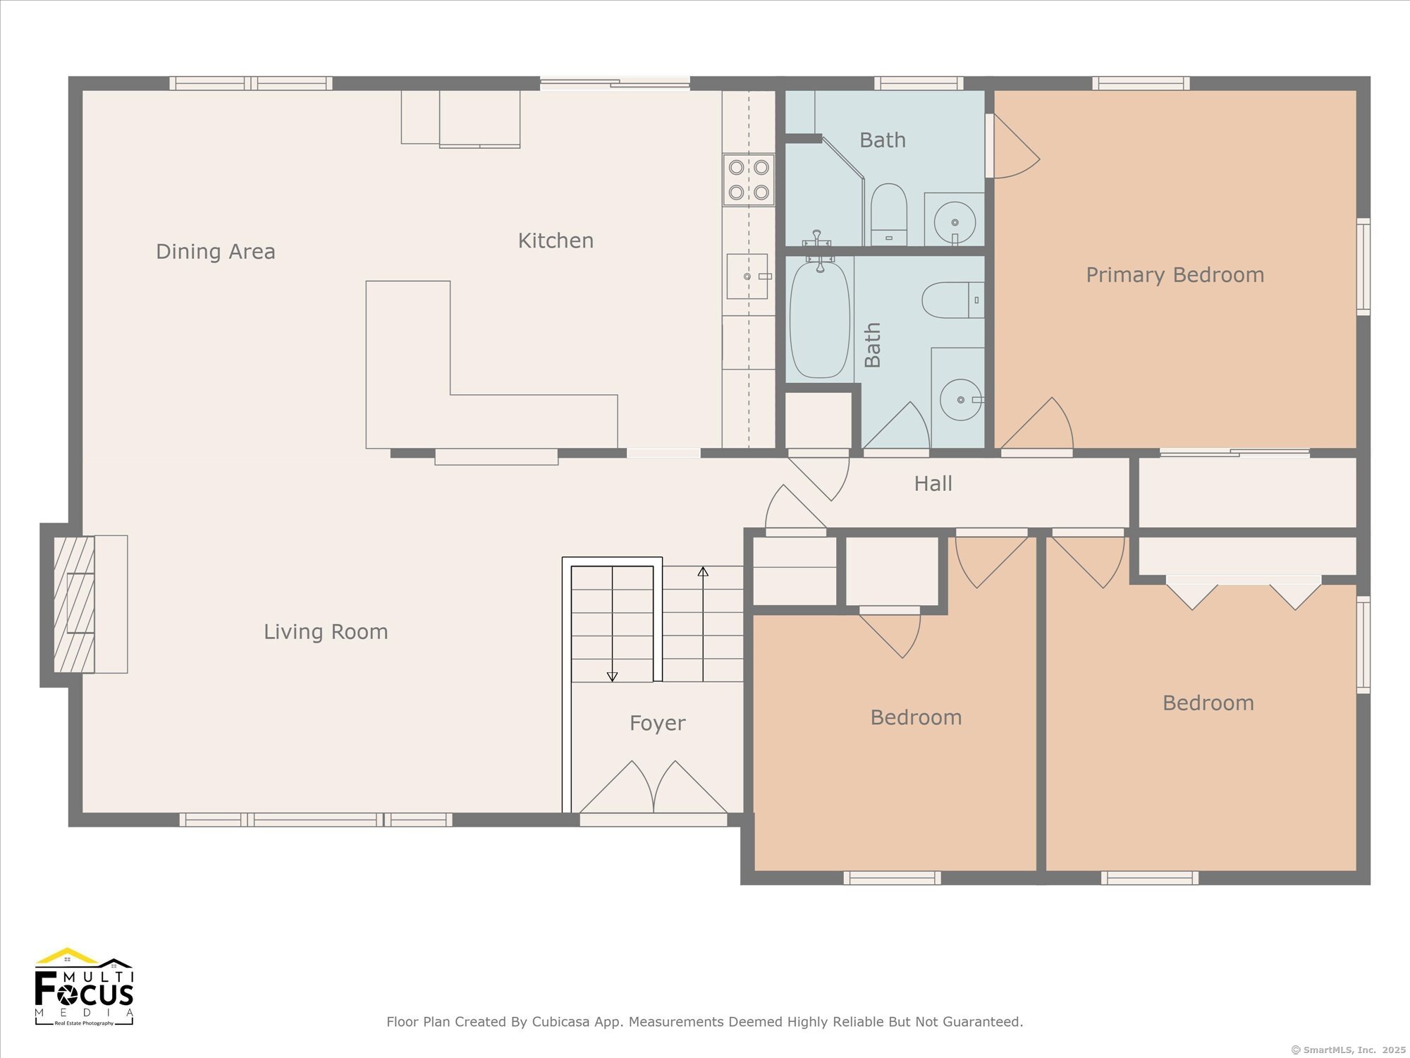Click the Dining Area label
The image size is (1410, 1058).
pyautogui.click(x=216, y=252)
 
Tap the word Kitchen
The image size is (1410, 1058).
pyautogui.click(x=556, y=241)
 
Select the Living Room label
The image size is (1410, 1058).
pyautogui.click(x=326, y=632)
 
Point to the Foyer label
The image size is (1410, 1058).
pyautogui.click(x=658, y=724)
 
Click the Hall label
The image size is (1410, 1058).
pyautogui.click(x=933, y=484)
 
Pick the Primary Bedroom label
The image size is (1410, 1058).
pyautogui.click(x=1175, y=275)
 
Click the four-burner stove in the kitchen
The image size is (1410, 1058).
pyautogui.click(x=749, y=180)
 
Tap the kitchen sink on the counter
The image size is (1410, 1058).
pyautogui.click(x=747, y=276)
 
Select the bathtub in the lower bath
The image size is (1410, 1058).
pyautogui.click(x=820, y=319)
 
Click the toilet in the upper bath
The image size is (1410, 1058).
pyautogui.click(x=888, y=214)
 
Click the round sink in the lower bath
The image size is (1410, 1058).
pyautogui.click(x=961, y=400)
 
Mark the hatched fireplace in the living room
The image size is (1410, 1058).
pyautogui.click(x=74, y=604)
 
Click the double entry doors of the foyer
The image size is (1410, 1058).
pyautogui.click(x=654, y=787)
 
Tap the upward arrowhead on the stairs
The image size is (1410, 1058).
pyautogui.click(x=703, y=571)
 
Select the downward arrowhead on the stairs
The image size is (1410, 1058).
pyautogui.click(x=612, y=676)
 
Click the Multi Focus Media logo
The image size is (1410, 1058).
pyautogui.click(x=84, y=987)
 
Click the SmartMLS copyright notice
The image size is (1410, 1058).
pyautogui.click(x=1349, y=1050)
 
